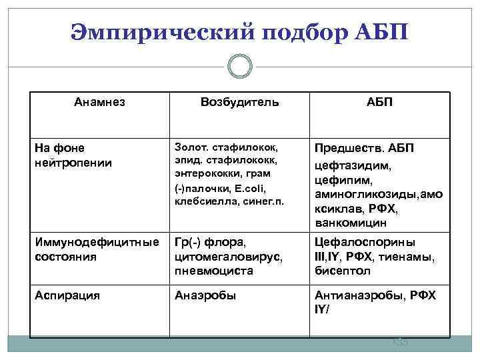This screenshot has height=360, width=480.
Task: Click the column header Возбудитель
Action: (x=240, y=103)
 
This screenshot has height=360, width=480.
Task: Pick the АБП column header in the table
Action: (x=379, y=103)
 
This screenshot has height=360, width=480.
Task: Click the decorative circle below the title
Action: (x=239, y=67)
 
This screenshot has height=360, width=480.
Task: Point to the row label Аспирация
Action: (x=67, y=295)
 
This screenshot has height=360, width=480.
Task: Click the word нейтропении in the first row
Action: (x=73, y=162)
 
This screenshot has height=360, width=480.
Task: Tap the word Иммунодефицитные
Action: (x=96, y=242)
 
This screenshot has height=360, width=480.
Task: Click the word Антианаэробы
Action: (x=353, y=295)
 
